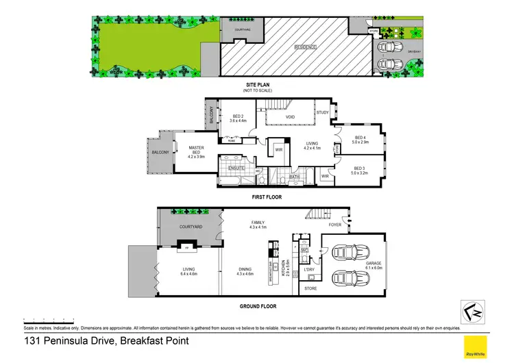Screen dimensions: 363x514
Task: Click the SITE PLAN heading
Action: point(257,85)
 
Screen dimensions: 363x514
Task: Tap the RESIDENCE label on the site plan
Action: point(306,47)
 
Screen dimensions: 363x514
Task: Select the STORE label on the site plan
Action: point(374,31)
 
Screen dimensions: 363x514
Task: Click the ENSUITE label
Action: point(228,168)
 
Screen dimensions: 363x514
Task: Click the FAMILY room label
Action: point(258,223)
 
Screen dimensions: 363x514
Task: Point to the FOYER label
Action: point(334,225)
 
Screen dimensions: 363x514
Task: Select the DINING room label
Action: point(245,271)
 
